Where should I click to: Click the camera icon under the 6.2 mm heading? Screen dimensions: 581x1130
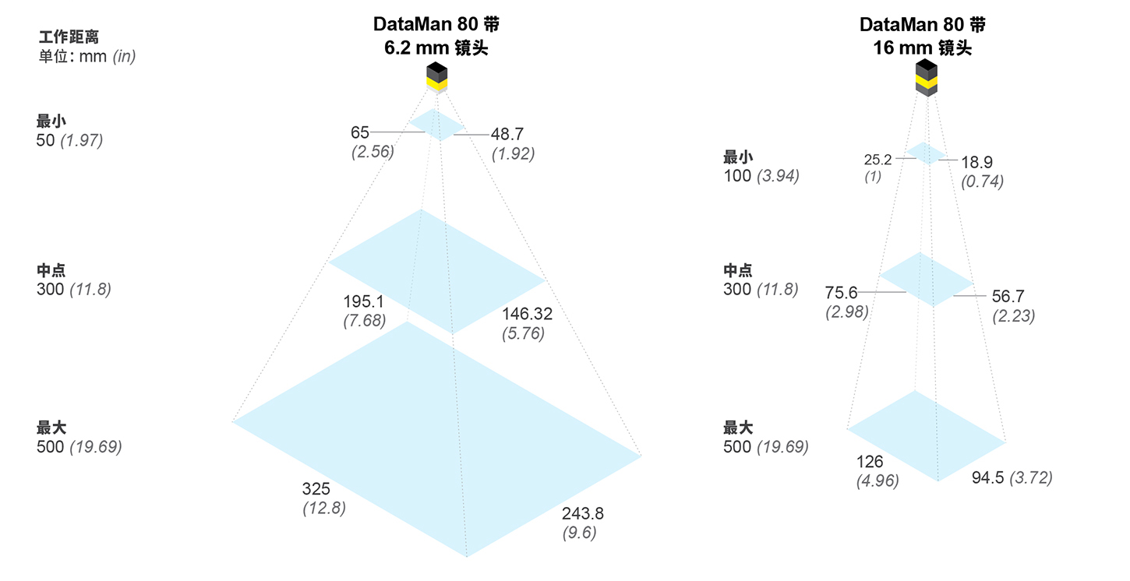pyautogui.click(x=436, y=78)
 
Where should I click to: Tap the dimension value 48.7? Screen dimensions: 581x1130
pyautogui.click(x=507, y=135)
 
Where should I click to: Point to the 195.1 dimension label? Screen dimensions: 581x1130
pyautogui.click(x=362, y=301)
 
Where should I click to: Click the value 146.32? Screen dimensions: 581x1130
pyautogui.click(x=527, y=314)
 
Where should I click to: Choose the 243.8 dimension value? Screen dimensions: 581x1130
pyautogui.click(x=582, y=513)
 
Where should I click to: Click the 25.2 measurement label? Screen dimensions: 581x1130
pyautogui.click(x=879, y=160)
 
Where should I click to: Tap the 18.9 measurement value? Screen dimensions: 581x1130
pyautogui.click(x=976, y=162)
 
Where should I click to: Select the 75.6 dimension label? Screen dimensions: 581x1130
pyautogui.click(x=841, y=293)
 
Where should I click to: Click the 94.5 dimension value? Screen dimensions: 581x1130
pyautogui.click(x=988, y=477)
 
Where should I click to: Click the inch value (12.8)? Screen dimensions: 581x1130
pyautogui.click(x=323, y=509)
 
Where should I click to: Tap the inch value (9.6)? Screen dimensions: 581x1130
pyautogui.click(x=579, y=533)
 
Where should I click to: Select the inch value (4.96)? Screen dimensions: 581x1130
pyautogui.click(x=877, y=481)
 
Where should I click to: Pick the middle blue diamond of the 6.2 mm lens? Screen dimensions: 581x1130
pyautogui.click(x=436, y=270)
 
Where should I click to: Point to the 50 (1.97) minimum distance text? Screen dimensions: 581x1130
pyautogui.click(x=69, y=141)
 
